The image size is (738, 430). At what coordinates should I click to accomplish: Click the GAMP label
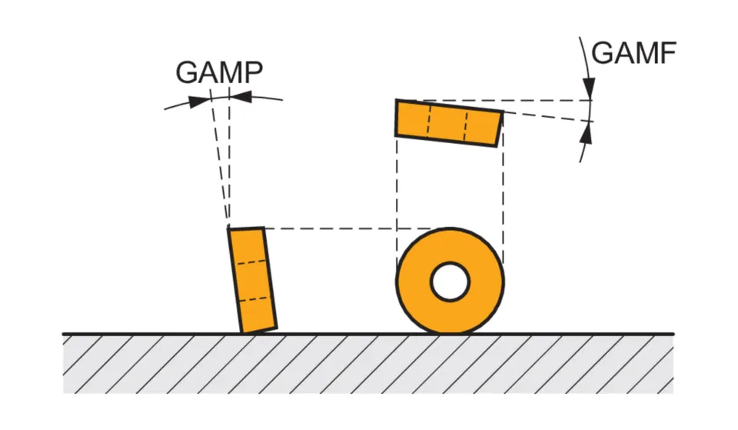pos(219,72)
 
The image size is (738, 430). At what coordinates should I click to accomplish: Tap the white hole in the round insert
pos(450,282)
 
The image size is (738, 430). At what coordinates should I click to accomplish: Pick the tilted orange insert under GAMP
pos(252,280)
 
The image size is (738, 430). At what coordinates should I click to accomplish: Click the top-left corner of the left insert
pos(228,228)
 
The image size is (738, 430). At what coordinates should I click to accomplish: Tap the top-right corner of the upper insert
pos(503,112)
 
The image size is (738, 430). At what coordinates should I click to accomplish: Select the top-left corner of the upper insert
pos(397,100)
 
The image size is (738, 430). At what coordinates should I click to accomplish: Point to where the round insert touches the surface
pos(450,333)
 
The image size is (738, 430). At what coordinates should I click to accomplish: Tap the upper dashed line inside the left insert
pos(249,262)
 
